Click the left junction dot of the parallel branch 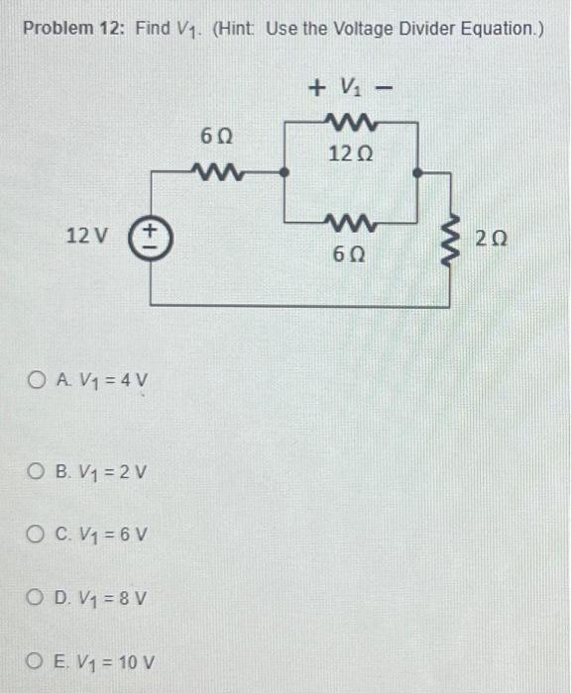pos(285,171)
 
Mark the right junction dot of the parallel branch pos(418,171)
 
